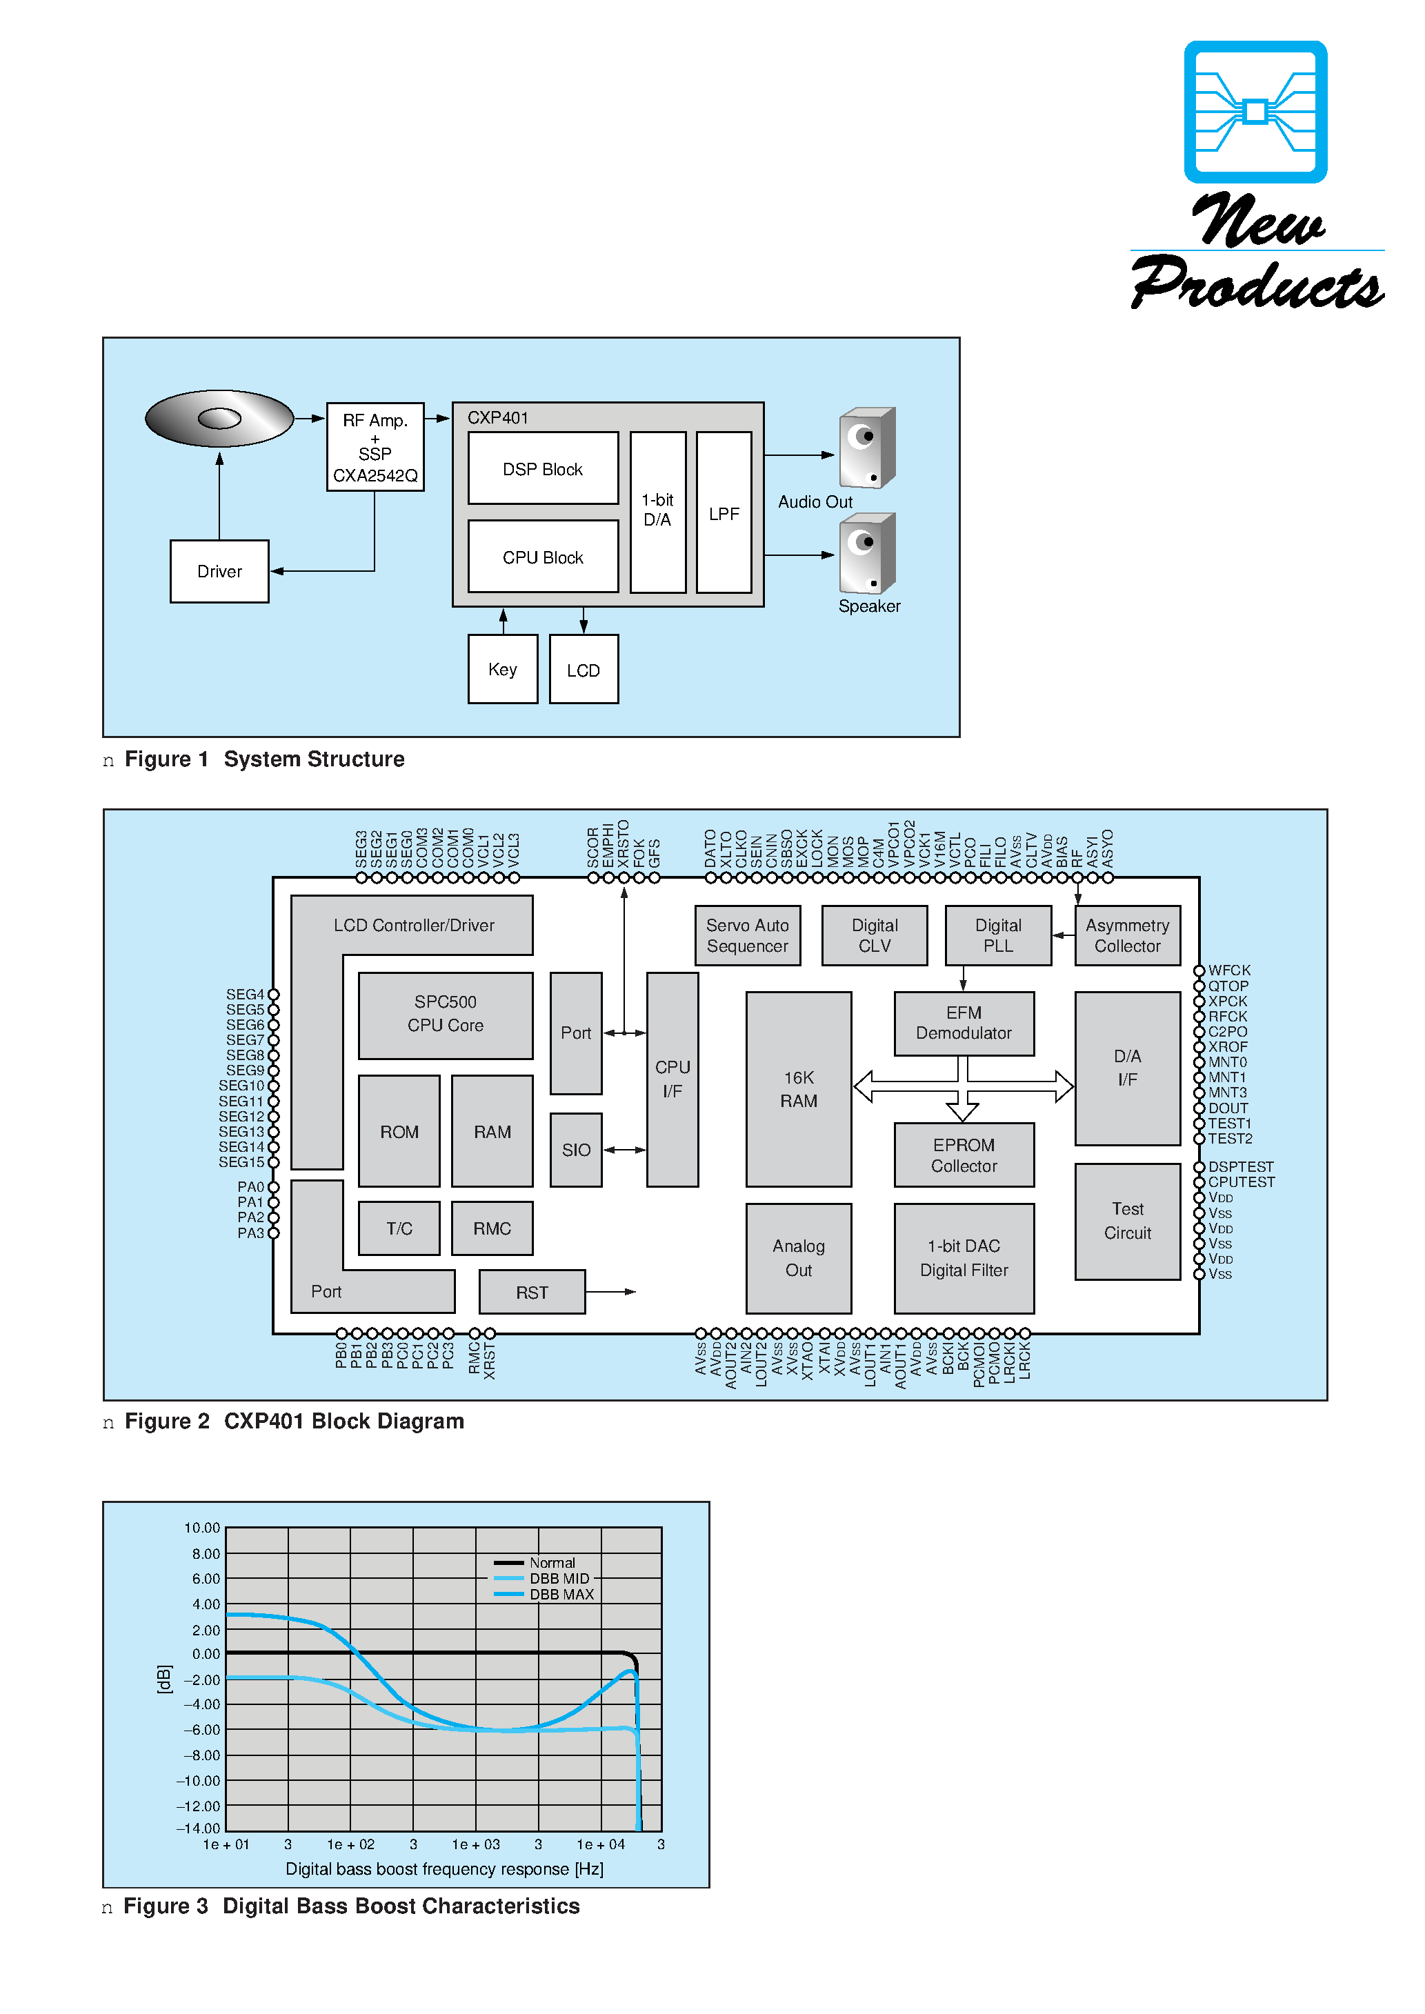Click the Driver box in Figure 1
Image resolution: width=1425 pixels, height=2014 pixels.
(x=219, y=572)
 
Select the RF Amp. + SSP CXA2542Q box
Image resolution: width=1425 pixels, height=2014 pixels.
(x=375, y=448)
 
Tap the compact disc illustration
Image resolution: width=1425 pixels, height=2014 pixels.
(x=219, y=419)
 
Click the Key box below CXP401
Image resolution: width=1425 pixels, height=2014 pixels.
(x=503, y=669)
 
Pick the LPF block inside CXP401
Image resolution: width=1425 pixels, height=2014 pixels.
(x=724, y=513)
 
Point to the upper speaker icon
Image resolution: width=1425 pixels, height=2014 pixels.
(x=866, y=448)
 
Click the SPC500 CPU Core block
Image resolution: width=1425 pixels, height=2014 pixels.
(x=445, y=1014)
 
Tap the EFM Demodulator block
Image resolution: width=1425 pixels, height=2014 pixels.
(x=964, y=1024)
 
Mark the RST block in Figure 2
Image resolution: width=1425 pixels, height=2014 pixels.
(x=532, y=1292)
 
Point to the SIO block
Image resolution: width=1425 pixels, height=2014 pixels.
(x=576, y=1150)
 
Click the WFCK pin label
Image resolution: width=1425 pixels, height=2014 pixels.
(x=1228, y=970)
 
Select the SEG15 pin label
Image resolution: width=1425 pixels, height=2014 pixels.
(x=241, y=1162)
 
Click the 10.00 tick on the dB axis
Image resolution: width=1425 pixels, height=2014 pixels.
(x=202, y=1528)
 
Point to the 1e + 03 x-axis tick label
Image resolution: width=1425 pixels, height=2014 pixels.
(x=476, y=1845)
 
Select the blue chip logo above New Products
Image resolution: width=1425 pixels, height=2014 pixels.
(x=1255, y=112)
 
